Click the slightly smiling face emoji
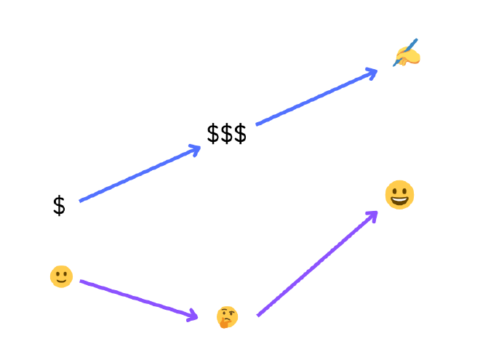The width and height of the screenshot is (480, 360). (61, 276)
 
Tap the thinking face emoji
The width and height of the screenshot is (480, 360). (227, 317)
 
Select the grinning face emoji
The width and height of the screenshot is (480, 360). (399, 195)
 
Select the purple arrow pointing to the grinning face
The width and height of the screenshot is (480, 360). (317, 263)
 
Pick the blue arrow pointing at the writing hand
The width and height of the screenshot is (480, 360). (316, 97)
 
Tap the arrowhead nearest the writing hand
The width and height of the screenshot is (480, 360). (373, 72)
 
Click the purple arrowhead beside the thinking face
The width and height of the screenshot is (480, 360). (193, 316)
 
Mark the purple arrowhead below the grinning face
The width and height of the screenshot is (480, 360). (374, 214)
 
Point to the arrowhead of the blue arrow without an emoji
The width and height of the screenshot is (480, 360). (196, 150)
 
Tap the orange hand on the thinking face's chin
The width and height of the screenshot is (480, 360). (224, 323)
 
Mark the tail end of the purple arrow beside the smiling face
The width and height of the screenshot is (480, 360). (81, 281)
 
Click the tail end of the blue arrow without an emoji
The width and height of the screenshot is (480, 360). (81, 201)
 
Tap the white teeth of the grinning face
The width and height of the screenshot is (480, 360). (399, 198)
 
